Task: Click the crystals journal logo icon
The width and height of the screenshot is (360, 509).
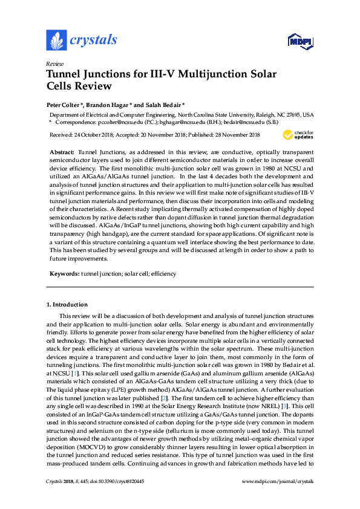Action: click(x=56, y=41)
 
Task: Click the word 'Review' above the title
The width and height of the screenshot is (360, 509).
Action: click(x=55, y=63)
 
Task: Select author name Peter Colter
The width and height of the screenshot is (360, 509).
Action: click(x=64, y=104)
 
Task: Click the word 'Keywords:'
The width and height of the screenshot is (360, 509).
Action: click(x=64, y=274)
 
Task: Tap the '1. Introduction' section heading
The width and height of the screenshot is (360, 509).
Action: click(x=67, y=304)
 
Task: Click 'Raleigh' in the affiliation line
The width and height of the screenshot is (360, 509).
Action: click(x=263, y=114)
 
